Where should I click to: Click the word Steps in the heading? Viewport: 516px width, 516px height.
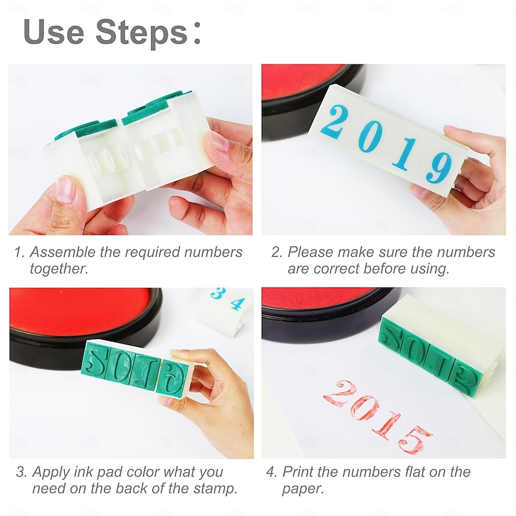click(141, 32)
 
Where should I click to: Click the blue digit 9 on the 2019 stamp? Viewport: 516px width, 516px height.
click(439, 167)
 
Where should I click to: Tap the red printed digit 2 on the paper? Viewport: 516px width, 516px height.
click(339, 393)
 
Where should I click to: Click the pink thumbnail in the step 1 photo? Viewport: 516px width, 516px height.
click(65, 190)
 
